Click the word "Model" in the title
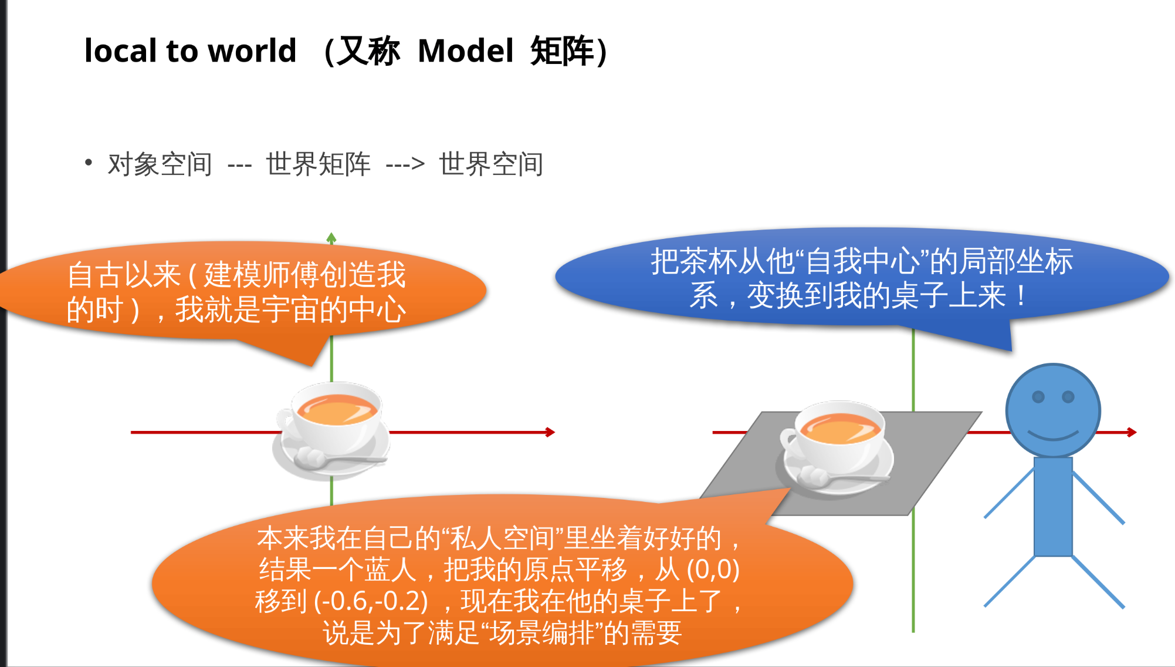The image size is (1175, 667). (465, 51)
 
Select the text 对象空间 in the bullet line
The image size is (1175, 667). (160, 164)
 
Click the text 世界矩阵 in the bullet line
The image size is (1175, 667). (318, 164)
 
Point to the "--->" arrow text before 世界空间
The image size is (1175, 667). (405, 164)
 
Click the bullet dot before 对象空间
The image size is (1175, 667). (89, 162)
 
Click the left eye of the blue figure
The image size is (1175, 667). (1038, 397)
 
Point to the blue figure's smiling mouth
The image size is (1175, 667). (1053, 436)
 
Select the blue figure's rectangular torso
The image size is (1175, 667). (1053, 506)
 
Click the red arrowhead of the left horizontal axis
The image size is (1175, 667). (550, 433)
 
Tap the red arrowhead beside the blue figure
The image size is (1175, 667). (1132, 433)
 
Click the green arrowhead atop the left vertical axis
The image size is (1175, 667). (331, 238)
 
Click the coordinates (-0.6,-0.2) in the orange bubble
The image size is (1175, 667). (371, 601)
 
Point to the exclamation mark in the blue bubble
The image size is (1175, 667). (1021, 295)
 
